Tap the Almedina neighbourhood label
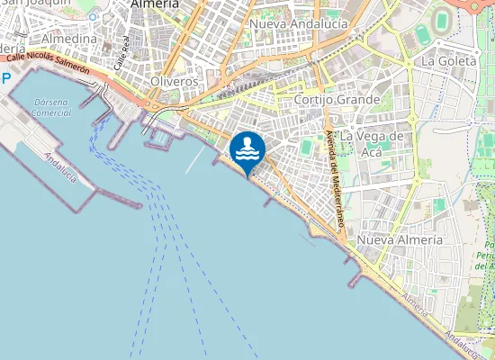click(x=69, y=39)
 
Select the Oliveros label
click(x=173, y=81)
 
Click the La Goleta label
click(x=443, y=61)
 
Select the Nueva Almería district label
click(x=400, y=240)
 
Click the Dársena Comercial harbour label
click(x=51, y=107)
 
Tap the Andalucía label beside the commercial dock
click(x=60, y=166)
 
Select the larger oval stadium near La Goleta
click(x=442, y=22)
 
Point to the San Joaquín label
click(x=36, y=4)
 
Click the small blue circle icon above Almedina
click(x=92, y=17)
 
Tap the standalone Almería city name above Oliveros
click(x=154, y=4)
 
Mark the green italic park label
click(x=488, y=256)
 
